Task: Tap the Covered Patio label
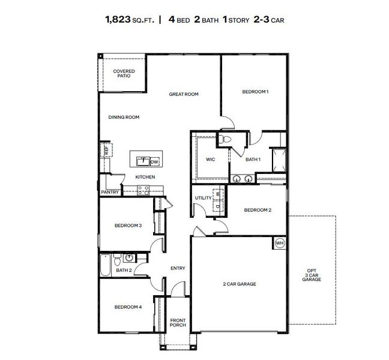coord(124,74)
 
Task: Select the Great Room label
coord(183,94)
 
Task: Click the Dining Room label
coord(124,117)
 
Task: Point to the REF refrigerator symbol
coord(106,151)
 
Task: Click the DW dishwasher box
coord(154,161)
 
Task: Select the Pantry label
coord(109,192)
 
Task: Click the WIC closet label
coord(210,159)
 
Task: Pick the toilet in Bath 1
coord(224,139)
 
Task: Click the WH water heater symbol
coord(280,243)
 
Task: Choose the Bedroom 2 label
coord(258,210)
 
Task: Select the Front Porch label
coord(178,322)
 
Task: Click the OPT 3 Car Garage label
coord(311,274)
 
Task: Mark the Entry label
coord(178,268)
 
